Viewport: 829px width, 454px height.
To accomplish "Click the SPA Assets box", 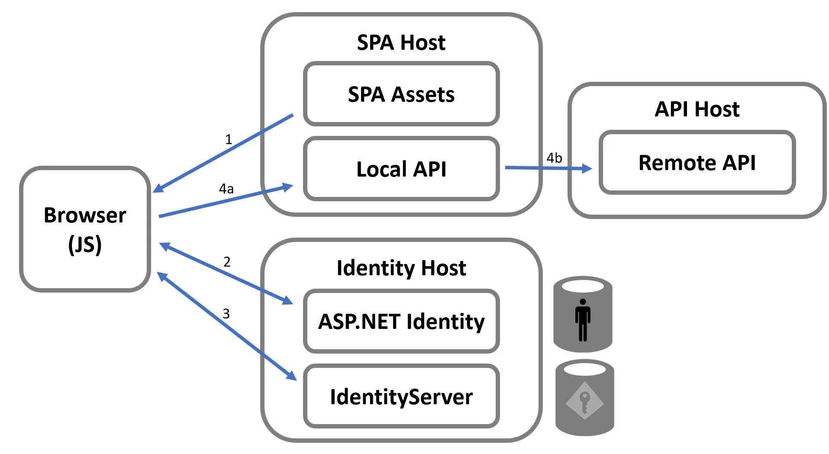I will click(401, 94).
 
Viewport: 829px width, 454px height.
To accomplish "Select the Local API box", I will click(401, 169).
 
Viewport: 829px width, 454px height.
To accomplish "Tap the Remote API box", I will click(697, 163).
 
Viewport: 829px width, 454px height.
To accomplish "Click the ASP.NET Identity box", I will click(401, 322).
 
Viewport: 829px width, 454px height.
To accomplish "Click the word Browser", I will click(85, 215).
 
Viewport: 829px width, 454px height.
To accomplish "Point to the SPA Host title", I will click(401, 42).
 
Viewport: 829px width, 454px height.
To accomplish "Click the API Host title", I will click(697, 109).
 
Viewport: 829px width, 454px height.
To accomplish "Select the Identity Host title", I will click(401, 268).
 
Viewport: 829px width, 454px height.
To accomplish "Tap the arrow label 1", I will click(229, 139).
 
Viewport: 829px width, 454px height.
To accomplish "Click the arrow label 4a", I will click(226, 189).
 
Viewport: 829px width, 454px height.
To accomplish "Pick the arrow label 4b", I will click(554, 158).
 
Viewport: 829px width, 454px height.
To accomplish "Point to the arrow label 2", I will click(227, 262).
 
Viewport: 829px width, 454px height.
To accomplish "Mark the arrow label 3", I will click(226, 314).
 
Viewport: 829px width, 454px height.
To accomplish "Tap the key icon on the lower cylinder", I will click(584, 400).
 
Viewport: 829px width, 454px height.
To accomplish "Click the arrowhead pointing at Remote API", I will click(587, 168).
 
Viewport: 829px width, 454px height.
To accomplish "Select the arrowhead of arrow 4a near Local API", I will click(287, 187).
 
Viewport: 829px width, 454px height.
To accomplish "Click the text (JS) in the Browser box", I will click(85, 245).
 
